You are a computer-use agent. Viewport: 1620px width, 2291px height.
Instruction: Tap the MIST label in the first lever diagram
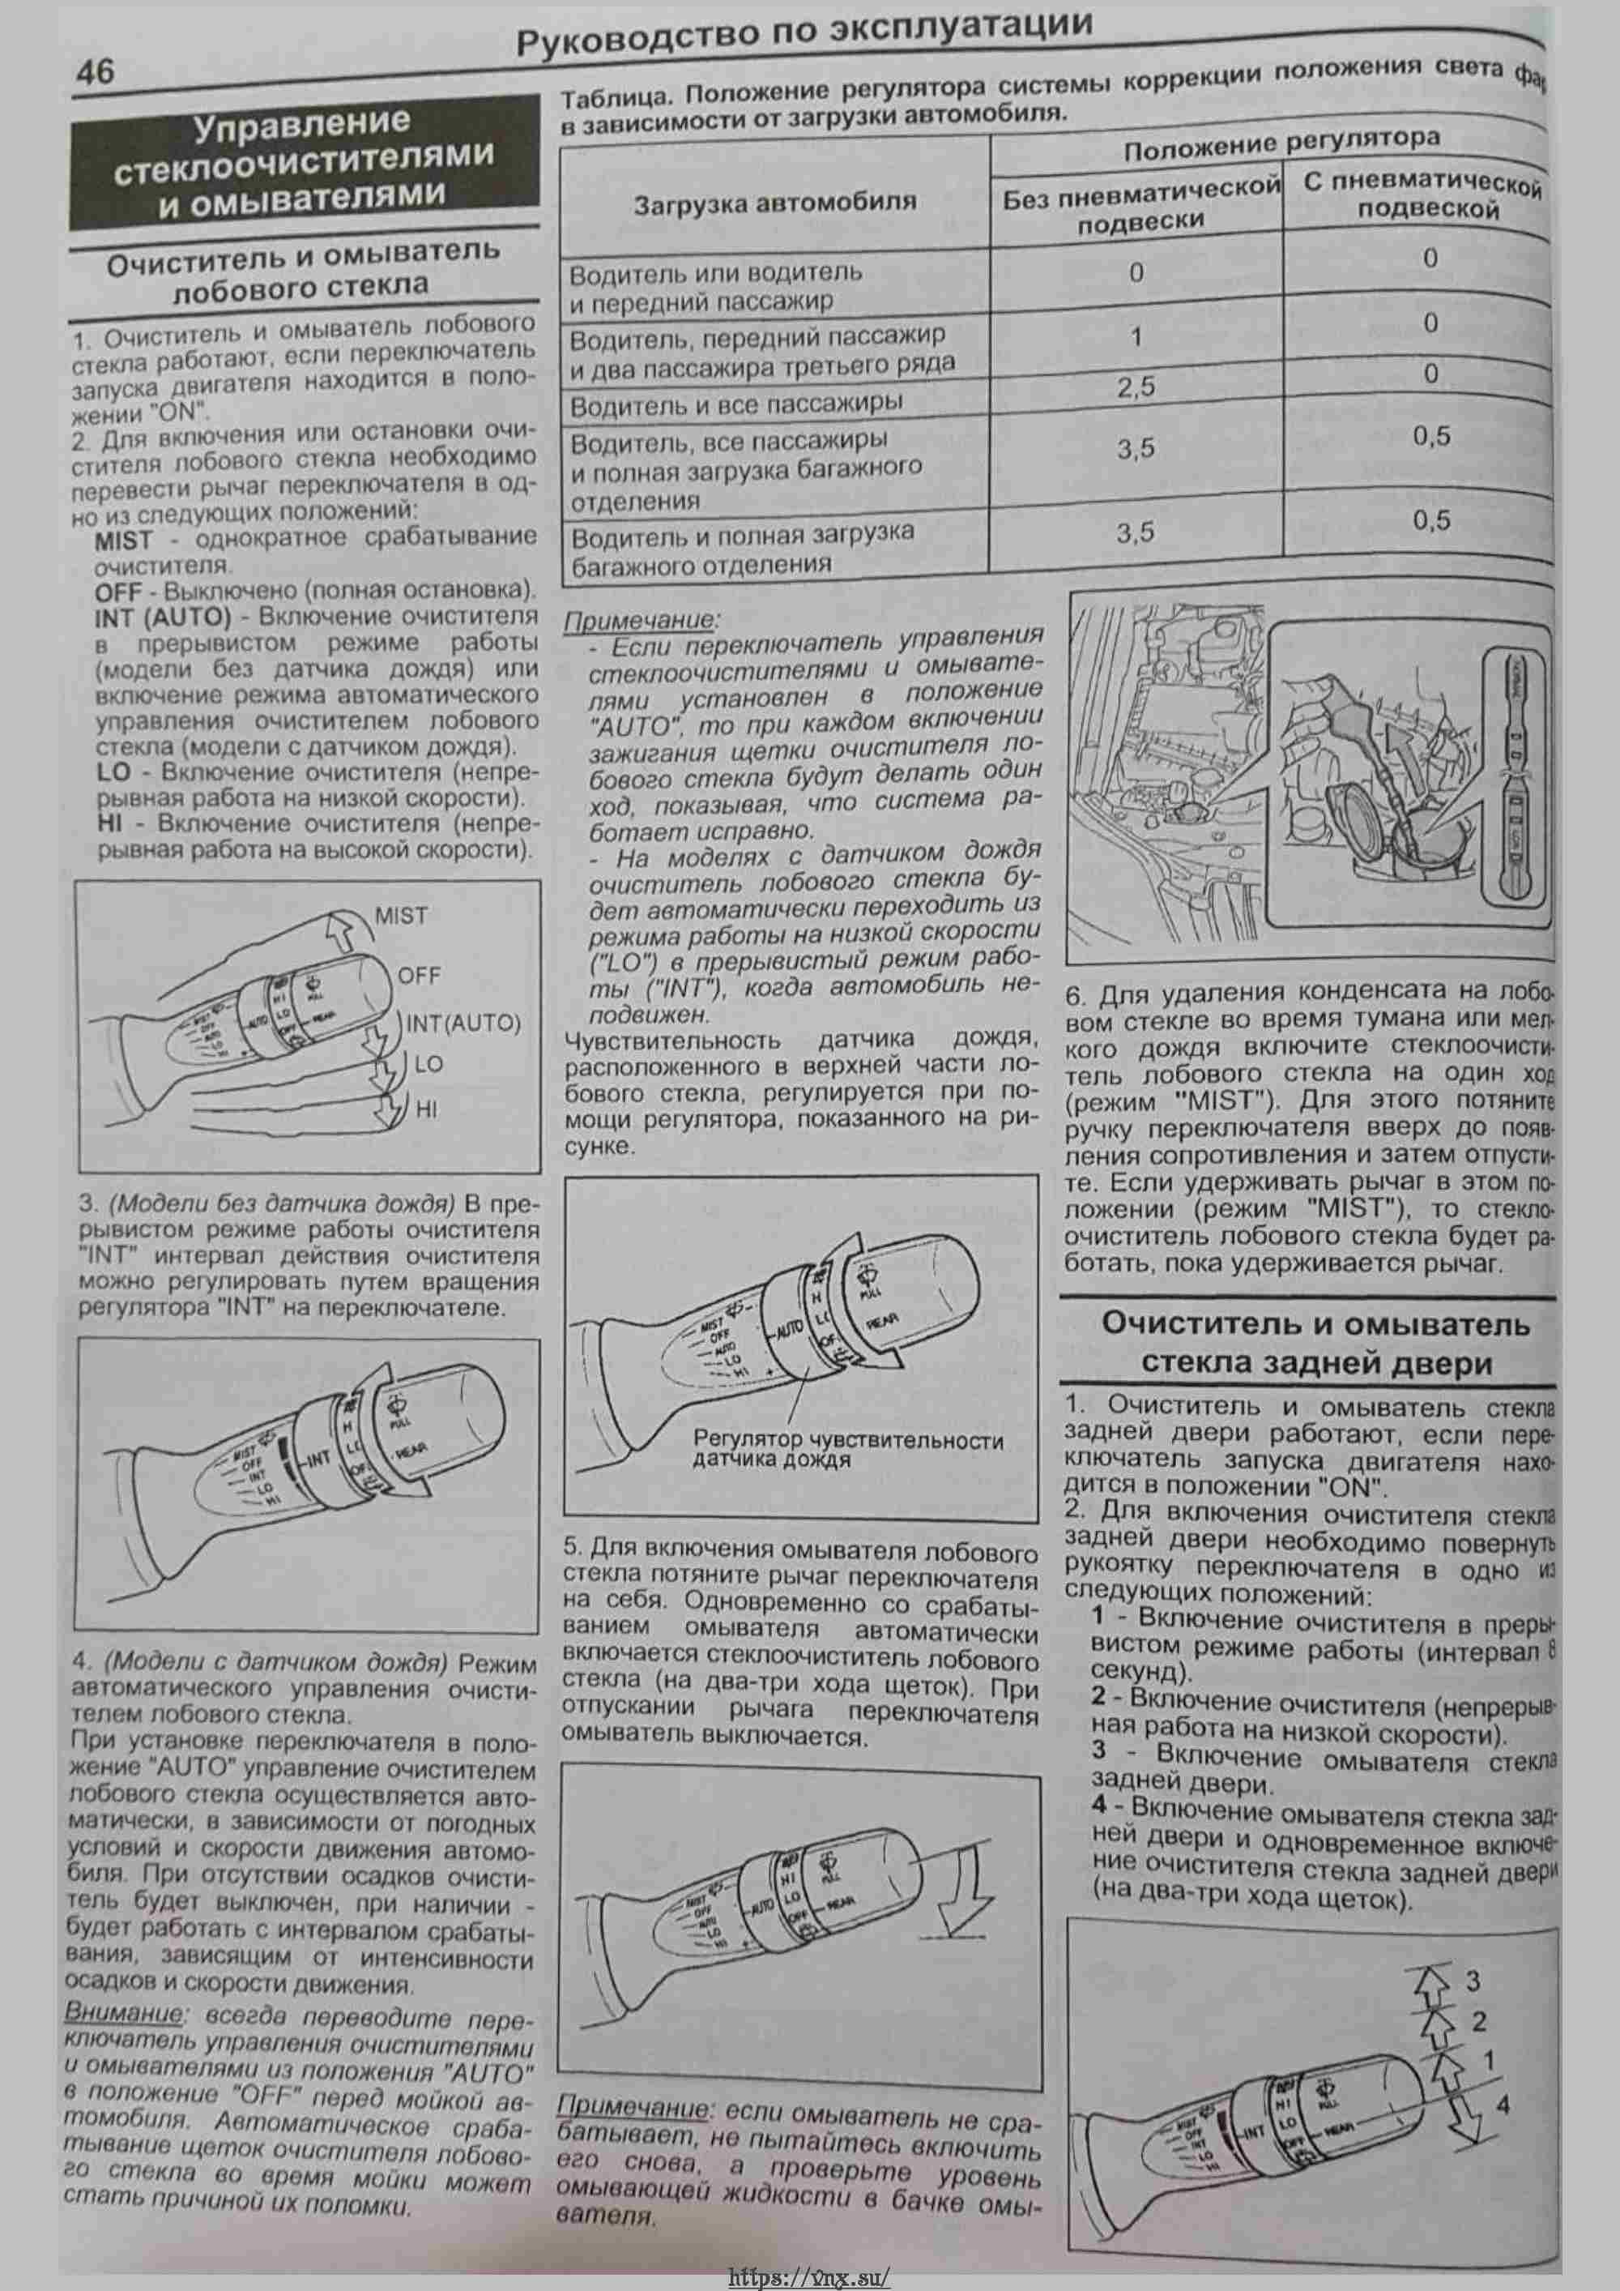(x=401, y=915)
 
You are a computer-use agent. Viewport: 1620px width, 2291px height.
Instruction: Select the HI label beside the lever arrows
(x=427, y=1109)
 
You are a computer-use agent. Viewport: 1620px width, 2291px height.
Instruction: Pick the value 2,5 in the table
(x=1135, y=387)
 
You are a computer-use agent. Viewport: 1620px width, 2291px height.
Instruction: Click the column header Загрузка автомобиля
(x=775, y=203)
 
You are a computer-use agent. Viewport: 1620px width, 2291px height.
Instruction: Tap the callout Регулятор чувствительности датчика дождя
(x=848, y=1450)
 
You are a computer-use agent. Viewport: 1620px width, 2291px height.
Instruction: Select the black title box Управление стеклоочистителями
(x=303, y=161)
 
